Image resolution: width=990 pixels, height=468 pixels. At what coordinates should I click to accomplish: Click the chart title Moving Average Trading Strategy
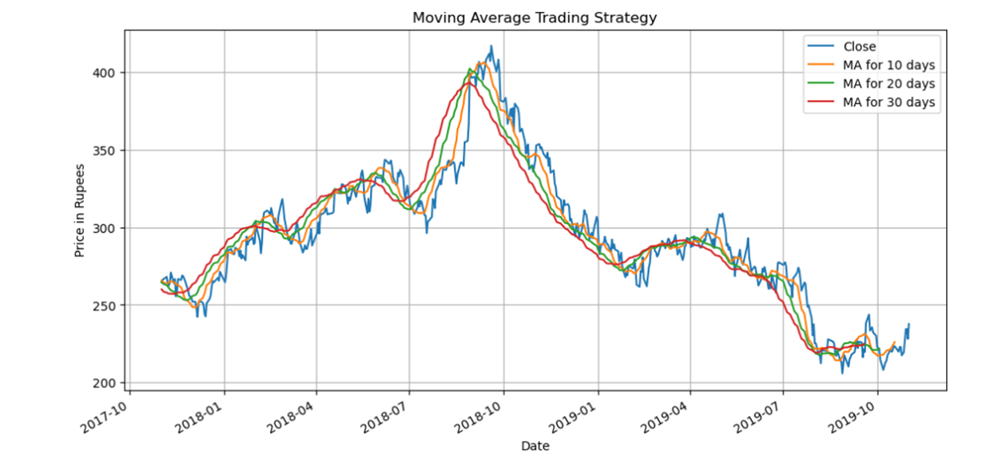point(534,18)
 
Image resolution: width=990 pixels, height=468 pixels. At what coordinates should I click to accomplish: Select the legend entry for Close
point(859,46)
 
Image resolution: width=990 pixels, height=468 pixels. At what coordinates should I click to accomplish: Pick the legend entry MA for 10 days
point(889,65)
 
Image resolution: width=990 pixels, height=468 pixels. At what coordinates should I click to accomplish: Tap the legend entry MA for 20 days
point(889,83)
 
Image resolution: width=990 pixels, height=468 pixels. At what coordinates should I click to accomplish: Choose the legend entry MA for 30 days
point(889,102)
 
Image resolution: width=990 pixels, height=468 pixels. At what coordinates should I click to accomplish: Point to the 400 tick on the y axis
point(107,73)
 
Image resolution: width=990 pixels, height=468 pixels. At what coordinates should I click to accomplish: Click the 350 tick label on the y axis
point(107,150)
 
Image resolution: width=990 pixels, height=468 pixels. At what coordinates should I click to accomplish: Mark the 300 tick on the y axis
point(107,228)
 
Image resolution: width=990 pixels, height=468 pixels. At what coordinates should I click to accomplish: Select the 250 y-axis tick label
point(107,305)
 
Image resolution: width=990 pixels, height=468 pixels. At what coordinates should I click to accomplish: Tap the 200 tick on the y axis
point(107,383)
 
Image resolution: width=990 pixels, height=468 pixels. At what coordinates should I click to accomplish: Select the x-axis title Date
point(535,446)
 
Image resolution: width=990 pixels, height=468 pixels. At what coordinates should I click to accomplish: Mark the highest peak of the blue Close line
point(491,46)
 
